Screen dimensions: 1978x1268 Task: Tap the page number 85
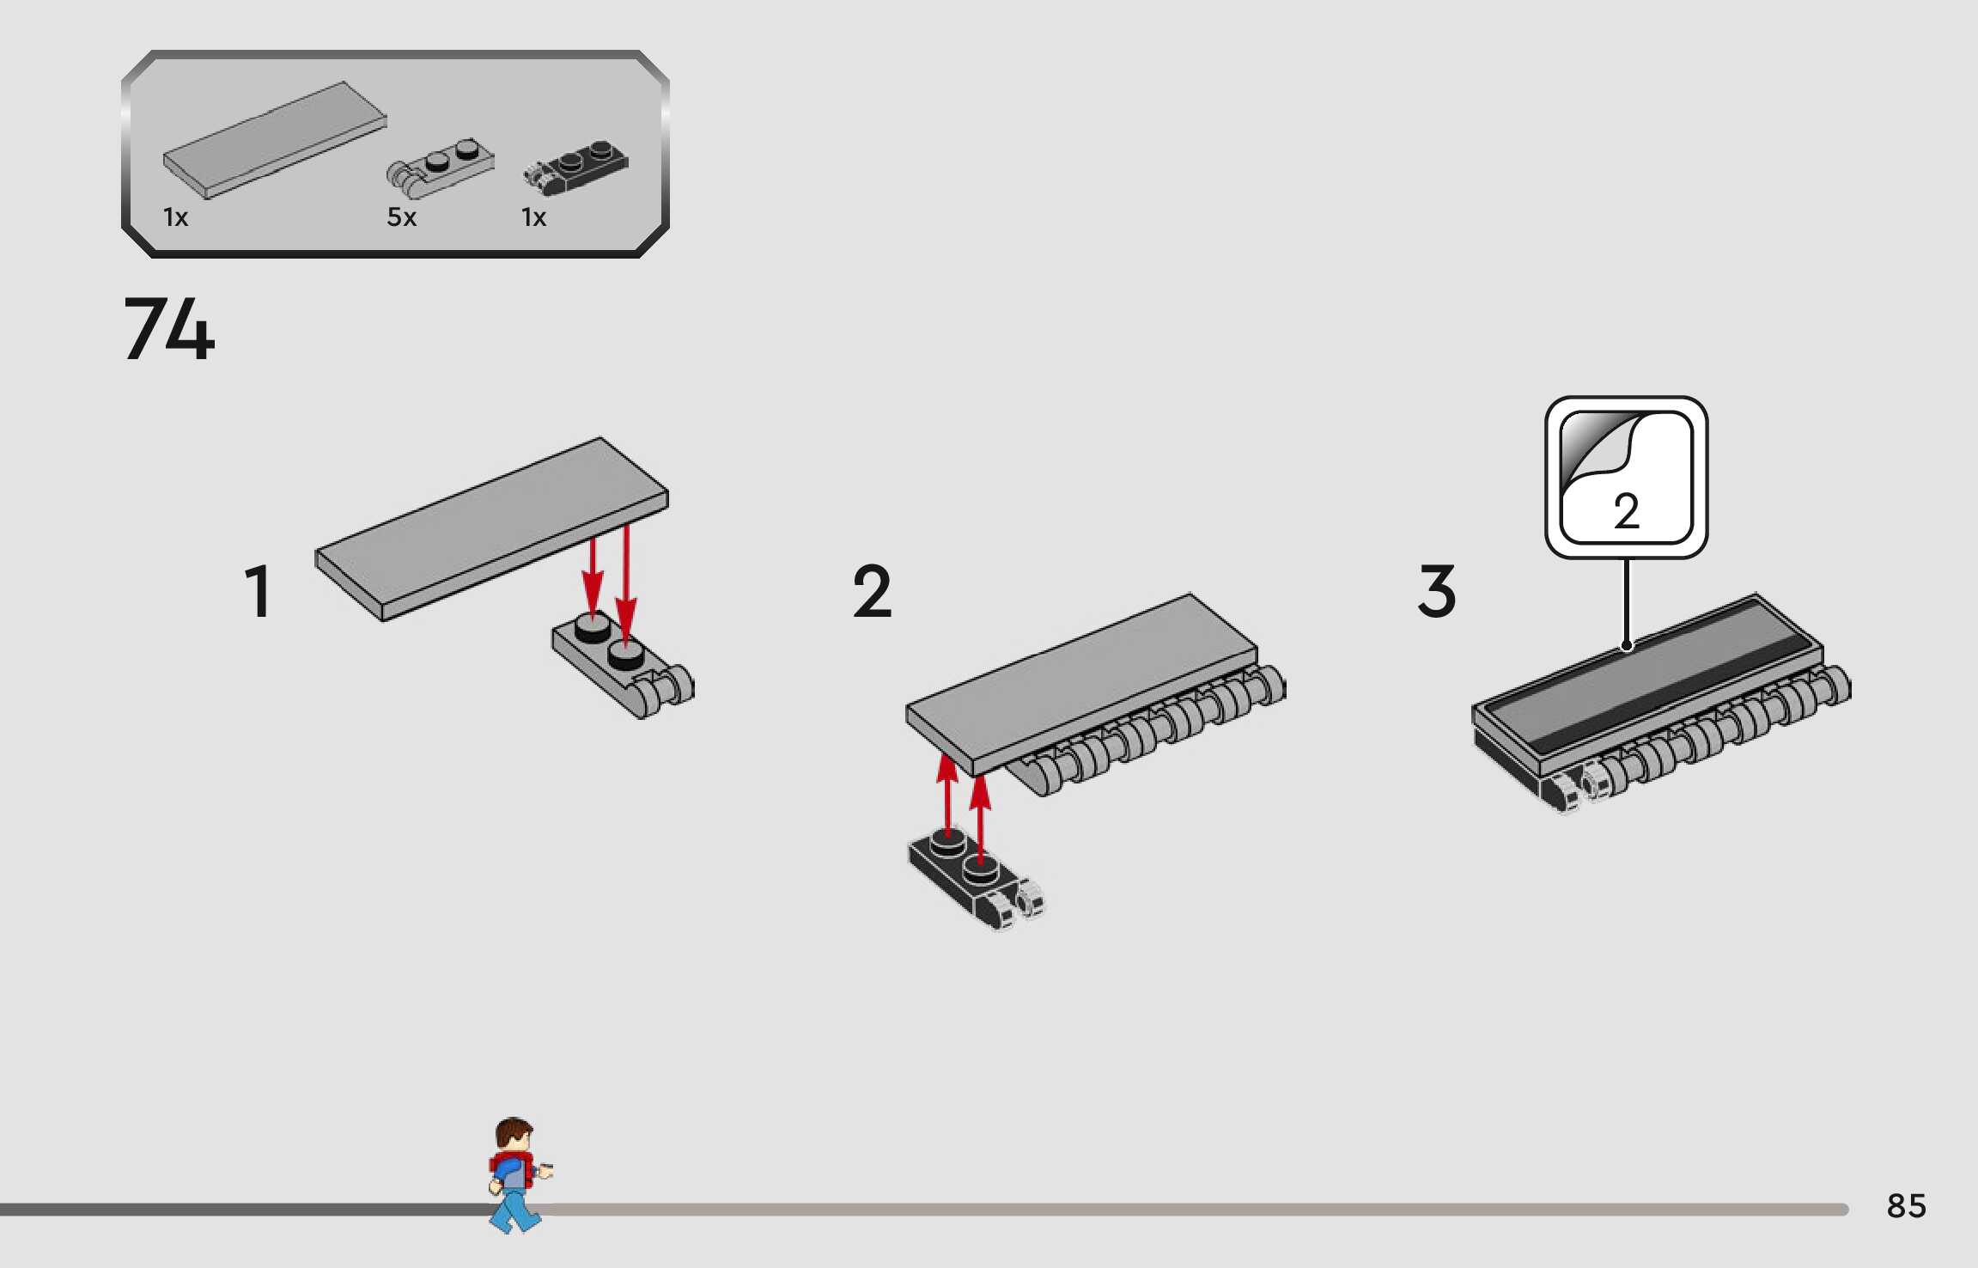pos(1906,1206)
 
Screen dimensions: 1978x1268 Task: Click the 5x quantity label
pos(401,217)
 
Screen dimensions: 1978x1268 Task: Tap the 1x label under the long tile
pos(175,217)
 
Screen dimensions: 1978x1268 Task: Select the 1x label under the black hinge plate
pos(533,217)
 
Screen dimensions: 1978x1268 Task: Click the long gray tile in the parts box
pos(275,139)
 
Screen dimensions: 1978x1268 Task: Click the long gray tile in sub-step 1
pos(491,527)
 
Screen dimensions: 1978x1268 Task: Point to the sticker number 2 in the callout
pos(1626,511)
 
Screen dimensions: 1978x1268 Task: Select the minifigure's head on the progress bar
pos(514,1136)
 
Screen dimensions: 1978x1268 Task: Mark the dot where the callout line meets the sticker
pos(1626,646)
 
